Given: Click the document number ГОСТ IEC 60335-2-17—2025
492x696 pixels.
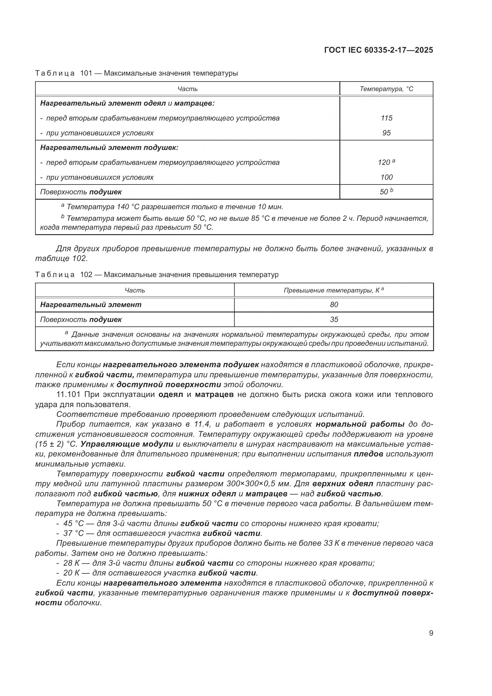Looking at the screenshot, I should click(x=378, y=50).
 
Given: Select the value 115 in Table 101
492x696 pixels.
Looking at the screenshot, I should click(x=386, y=118).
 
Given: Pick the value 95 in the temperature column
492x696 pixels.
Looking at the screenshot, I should click(x=386, y=133).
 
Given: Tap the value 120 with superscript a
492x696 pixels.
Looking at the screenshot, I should click(x=386, y=162).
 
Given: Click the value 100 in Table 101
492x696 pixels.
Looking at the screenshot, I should click(x=386, y=177).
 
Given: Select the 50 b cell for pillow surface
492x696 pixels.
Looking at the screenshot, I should click(x=386, y=192).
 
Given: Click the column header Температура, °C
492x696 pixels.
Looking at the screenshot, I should click(x=386, y=89).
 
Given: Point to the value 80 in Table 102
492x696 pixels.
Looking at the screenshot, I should click(x=334, y=305).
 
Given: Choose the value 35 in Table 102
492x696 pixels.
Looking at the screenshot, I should click(x=334, y=320).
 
